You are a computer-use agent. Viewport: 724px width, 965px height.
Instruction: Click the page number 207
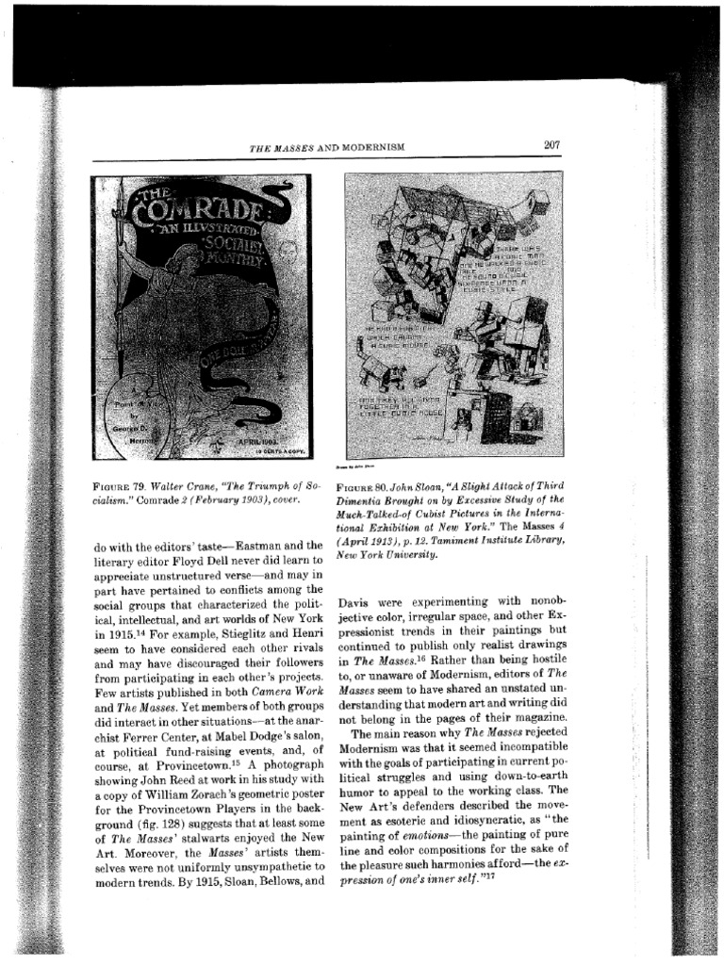(552, 144)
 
